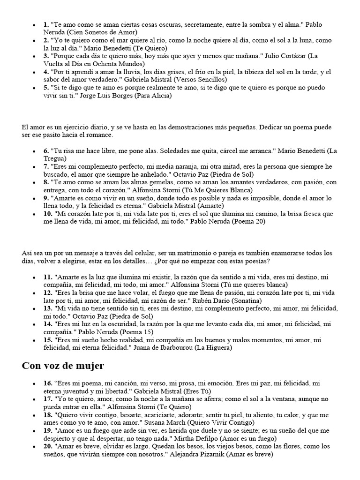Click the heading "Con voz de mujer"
point(63,366)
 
